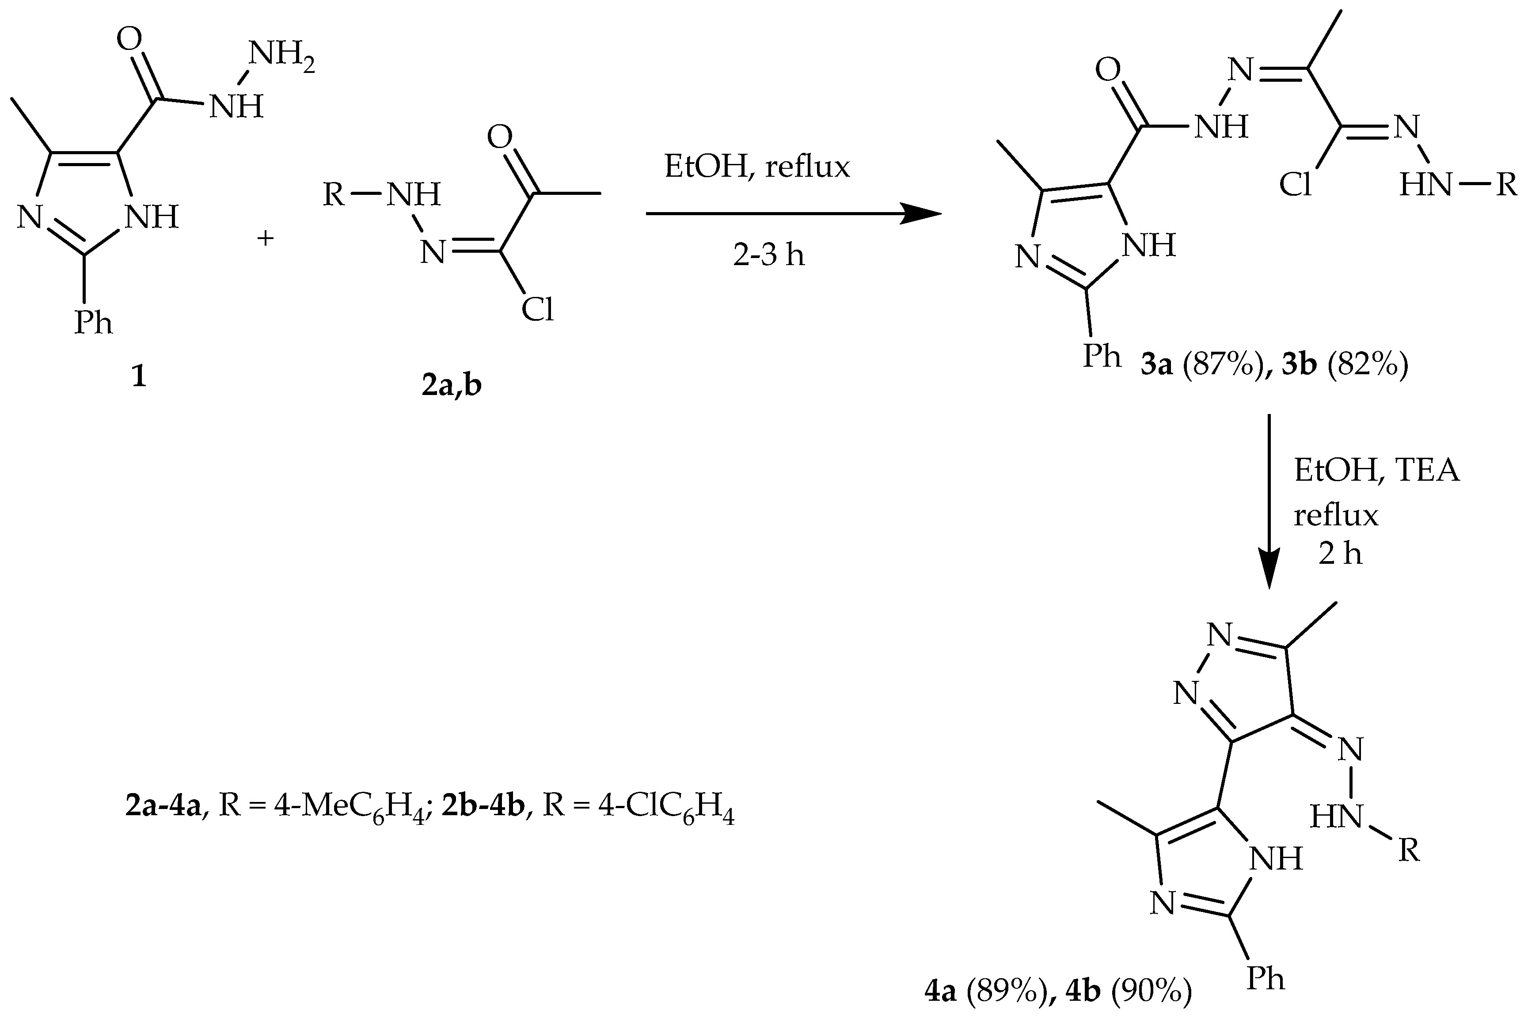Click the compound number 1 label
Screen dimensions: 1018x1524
(138, 376)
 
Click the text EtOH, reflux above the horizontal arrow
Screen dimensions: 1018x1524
(756, 167)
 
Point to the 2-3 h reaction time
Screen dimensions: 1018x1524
(769, 254)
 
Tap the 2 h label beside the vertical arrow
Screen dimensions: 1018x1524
(1340, 554)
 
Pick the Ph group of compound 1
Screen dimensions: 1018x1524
(93, 322)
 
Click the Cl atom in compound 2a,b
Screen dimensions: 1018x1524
(537, 310)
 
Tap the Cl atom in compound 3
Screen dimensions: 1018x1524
(1296, 185)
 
